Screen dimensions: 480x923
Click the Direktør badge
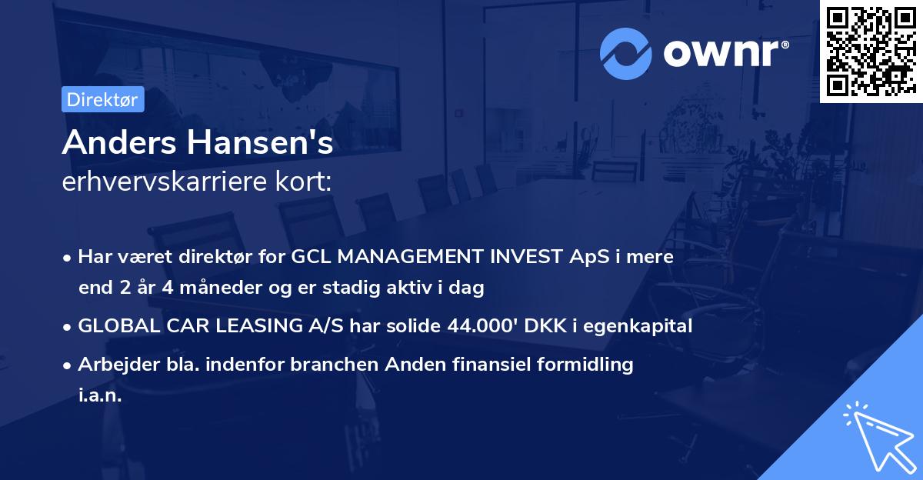(102, 99)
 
